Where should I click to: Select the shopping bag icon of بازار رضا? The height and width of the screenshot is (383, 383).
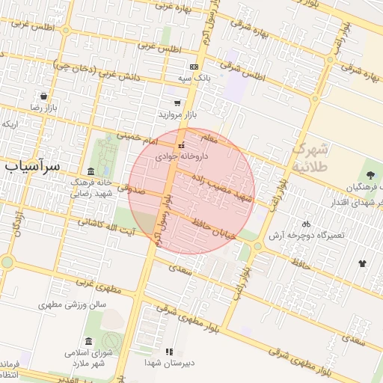click(44, 96)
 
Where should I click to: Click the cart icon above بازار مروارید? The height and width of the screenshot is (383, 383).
click(177, 103)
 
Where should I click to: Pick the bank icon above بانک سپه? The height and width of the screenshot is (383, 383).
click(194, 67)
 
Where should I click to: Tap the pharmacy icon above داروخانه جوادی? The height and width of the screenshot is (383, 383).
click(181, 145)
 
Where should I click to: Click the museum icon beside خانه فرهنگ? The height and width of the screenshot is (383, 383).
click(91, 171)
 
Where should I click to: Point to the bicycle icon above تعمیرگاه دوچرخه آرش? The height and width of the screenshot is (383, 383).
click(305, 224)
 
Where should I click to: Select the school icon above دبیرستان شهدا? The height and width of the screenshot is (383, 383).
click(169, 351)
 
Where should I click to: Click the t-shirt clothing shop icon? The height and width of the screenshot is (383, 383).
click(363, 263)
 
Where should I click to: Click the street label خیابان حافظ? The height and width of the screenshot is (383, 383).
click(218, 227)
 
